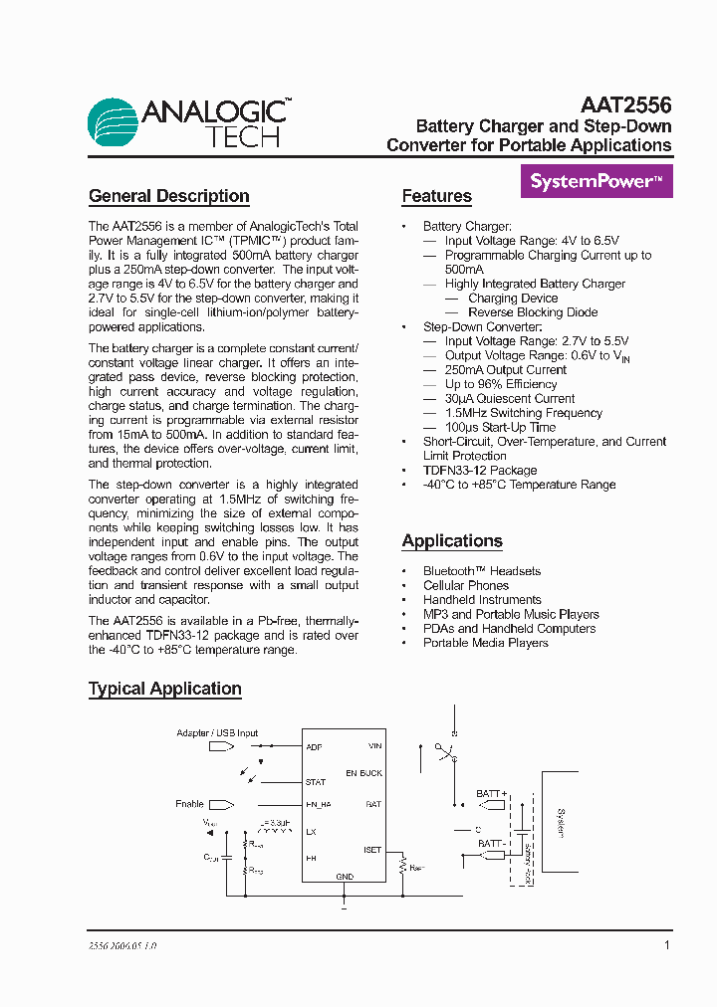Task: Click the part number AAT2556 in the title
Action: (x=625, y=105)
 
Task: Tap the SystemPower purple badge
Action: (x=597, y=182)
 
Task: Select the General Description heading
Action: (x=169, y=196)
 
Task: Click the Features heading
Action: (x=436, y=196)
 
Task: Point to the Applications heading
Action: (x=452, y=541)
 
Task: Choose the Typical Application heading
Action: (x=165, y=689)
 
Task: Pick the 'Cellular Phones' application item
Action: (x=466, y=586)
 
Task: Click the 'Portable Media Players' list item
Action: (x=486, y=643)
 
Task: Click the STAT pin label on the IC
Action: (x=316, y=783)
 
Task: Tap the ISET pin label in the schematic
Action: (x=372, y=851)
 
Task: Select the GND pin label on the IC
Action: (x=345, y=878)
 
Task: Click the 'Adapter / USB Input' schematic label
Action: (x=217, y=733)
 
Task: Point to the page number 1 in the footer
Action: (x=666, y=945)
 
